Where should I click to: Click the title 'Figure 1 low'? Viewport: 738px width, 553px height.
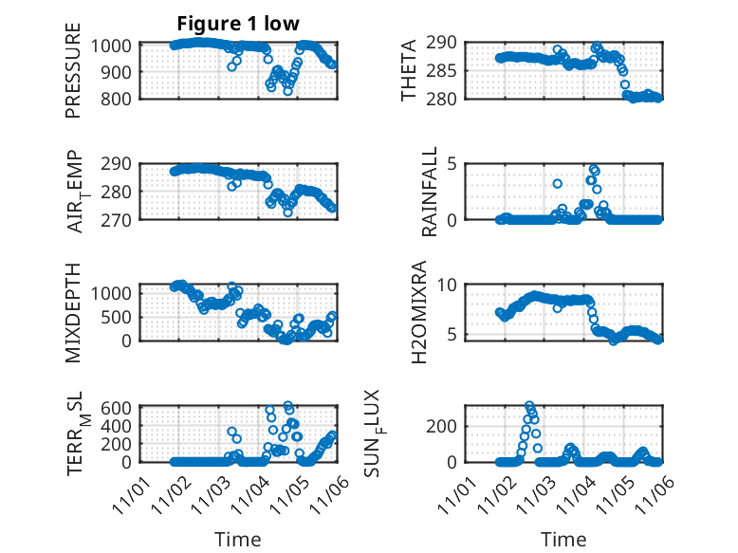(238, 25)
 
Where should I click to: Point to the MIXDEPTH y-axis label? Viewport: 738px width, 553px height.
(73, 312)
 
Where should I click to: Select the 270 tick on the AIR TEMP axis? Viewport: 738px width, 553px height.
(120, 219)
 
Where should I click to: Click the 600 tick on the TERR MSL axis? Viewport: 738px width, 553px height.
(120, 407)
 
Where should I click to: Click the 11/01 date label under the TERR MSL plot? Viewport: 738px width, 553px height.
(130, 492)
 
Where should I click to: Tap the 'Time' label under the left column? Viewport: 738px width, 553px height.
(238, 539)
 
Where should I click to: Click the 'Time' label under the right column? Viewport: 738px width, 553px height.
(564, 539)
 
